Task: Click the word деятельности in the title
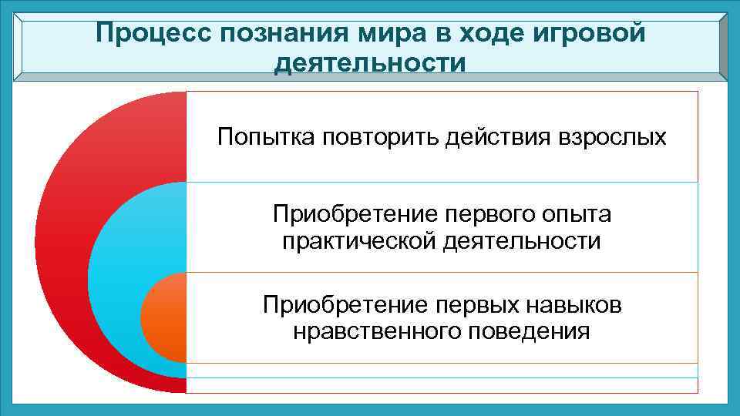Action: pos(370,62)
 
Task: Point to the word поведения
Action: pos(528,332)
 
